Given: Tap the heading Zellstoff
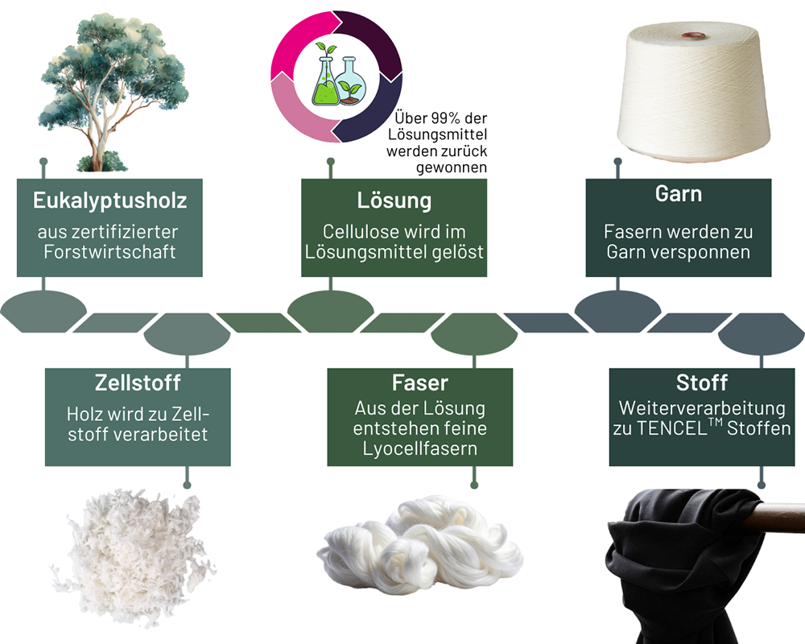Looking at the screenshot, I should pyautogui.click(x=137, y=382).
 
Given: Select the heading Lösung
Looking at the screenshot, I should pyautogui.click(x=394, y=200).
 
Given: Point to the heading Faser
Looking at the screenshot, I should pyautogui.click(x=419, y=382).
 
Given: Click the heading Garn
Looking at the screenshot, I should pyautogui.click(x=678, y=194).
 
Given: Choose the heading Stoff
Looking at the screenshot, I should pyautogui.click(x=701, y=382).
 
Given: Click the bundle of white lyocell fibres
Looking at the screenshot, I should pyautogui.click(x=419, y=547).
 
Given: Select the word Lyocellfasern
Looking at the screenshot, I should pyautogui.click(x=419, y=448).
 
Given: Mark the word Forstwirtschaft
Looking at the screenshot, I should pyautogui.click(x=109, y=251).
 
